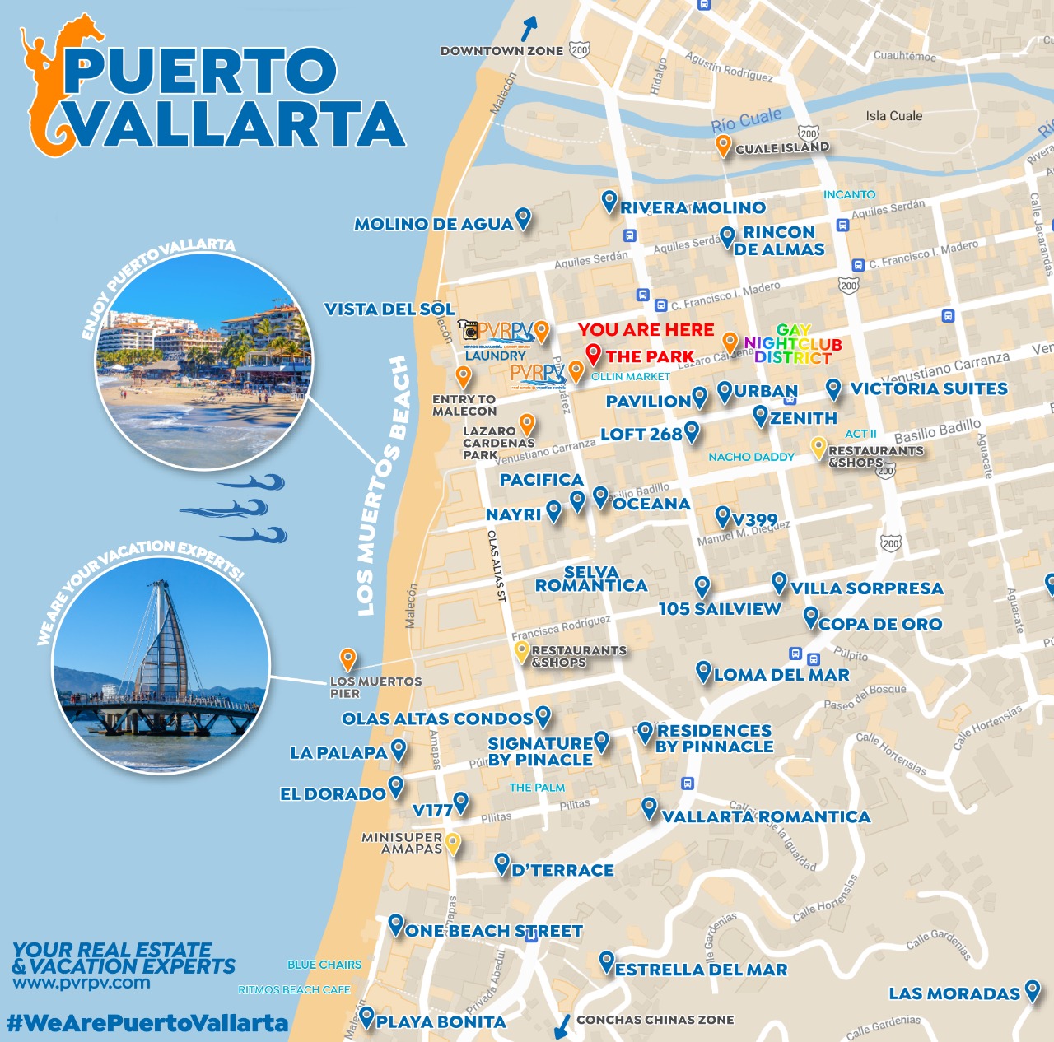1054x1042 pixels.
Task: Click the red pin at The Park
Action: (x=593, y=354)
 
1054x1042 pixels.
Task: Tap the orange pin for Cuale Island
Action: (x=723, y=146)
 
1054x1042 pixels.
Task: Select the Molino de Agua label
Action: (x=433, y=224)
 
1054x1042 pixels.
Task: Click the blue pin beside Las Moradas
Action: (x=1033, y=990)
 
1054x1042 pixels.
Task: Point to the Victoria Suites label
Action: (x=929, y=388)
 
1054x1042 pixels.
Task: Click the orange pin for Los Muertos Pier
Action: (x=348, y=658)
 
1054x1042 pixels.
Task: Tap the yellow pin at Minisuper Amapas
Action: (x=453, y=843)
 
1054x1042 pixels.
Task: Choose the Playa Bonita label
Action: (x=441, y=1022)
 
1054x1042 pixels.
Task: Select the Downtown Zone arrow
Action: (x=528, y=29)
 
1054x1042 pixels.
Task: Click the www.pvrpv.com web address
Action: (x=82, y=983)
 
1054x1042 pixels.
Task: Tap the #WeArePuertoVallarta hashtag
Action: (x=147, y=1023)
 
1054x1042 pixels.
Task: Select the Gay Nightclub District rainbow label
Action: (x=793, y=344)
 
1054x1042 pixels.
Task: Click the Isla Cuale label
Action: (x=893, y=116)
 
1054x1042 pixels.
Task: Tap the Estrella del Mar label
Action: (x=701, y=970)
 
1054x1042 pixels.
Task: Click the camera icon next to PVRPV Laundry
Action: (x=469, y=330)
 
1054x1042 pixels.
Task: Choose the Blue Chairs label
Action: (x=324, y=965)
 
